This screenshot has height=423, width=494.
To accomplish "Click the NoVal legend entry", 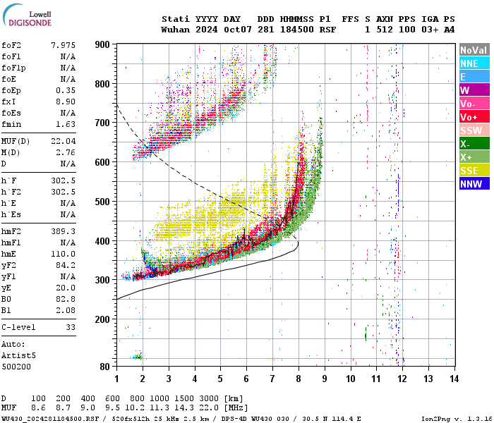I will click(x=474, y=50).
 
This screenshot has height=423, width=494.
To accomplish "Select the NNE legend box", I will click(x=474, y=63).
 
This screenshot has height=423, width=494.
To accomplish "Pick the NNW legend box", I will click(x=474, y=184).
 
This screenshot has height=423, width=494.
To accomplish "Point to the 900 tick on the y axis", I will click(x=103, y=44).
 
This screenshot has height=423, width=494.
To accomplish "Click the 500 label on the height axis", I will click(x=103, y=202).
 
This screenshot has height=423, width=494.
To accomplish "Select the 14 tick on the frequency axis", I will click(x=454, y=379).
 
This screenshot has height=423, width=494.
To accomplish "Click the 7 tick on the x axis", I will click(x=272, y=379).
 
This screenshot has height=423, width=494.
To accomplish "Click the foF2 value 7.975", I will click(x=63, y=45).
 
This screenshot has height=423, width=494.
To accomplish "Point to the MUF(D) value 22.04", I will click(x=63, y=141).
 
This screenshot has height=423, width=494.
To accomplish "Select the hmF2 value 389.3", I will click(x=63, y=231).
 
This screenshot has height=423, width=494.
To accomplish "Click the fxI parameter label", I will click(x=10, y=102).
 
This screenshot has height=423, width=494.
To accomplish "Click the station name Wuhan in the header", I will click(x=174, y=30).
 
